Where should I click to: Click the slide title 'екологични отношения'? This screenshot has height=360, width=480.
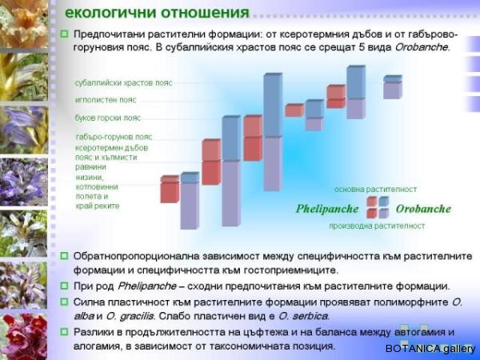pyautogui.click(x=158, y=13)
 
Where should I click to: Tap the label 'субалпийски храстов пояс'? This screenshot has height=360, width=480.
pyautogui.click(x=124, y=83)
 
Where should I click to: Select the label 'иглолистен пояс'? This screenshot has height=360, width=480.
pyautogui.click(x=106, y=100)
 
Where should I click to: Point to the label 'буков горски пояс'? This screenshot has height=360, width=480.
pyautogui.click(x=108, y=118)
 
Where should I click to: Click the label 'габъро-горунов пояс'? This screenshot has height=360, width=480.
pyautogui.click(x=114, y=137)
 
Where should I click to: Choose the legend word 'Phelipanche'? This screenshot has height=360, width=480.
pyautogui.click(x=327, y=210)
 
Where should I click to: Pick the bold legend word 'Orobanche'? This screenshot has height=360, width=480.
pyautogui.click(x=423, y=209)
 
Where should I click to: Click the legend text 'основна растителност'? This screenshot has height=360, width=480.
pyautogui.click(x=376, y=190)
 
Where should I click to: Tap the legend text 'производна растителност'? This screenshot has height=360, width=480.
pyautogui.click(x=377, y=226)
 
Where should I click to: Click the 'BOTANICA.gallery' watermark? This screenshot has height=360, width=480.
pyautogui.click(x=430, y=349)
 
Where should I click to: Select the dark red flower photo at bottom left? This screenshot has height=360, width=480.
pyautogui.click(x=23, y=336)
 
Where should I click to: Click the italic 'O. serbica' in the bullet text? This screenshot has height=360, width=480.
pyautogui.click(x=303, y=316)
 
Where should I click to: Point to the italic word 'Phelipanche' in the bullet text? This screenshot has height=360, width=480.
pyautogui.click(x=147, y=286)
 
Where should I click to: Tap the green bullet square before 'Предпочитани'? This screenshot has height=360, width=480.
pyautogui.click(x=64, y=34)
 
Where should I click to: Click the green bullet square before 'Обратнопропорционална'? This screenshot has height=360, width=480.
pyautogui.click(x=64, y=256)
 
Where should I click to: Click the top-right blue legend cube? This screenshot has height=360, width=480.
pyautogui.click(x=384, y=202)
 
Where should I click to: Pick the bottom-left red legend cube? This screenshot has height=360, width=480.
pyautogui.click(x=372, y=214)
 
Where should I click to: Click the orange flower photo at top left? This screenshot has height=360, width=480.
pyautogui.click(x=24, y=24)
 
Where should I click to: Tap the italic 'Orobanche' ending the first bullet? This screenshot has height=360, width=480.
pyautogui.click(x=422, y=48)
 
